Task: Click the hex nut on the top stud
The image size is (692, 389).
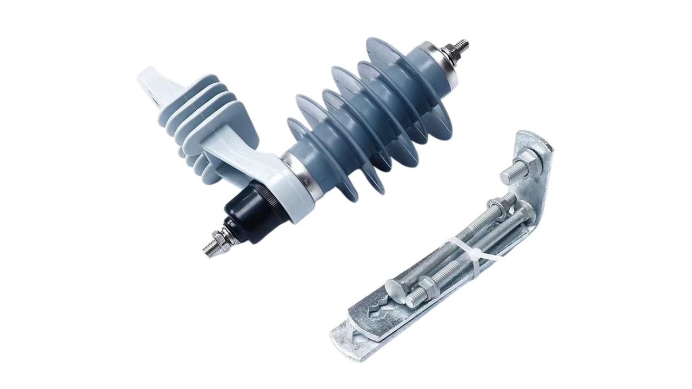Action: (450, 53)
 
